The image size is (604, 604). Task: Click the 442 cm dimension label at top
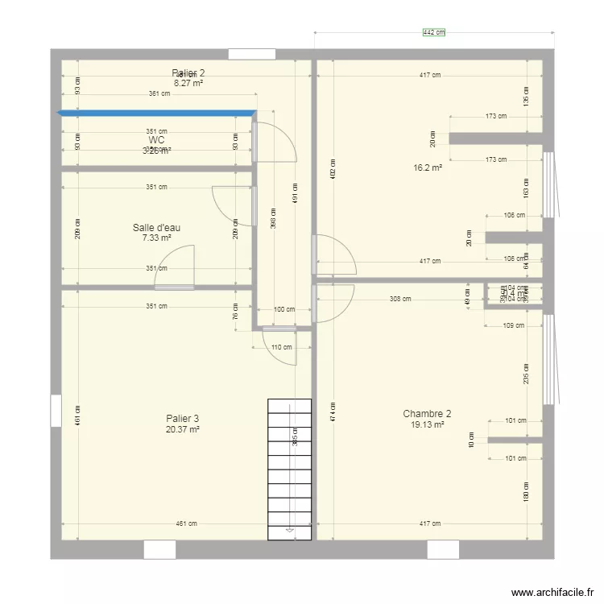pos(434,33)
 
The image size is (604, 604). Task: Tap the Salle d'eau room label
pos(156,228)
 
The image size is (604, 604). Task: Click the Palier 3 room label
pos(182,419)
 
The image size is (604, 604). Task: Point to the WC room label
pos(156,140)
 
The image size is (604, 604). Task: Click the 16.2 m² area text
pos(428,168)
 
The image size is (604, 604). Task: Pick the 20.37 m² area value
pos(182,429)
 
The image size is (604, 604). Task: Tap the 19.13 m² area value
pos(427,424)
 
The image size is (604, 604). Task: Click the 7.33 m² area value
pos(156,238)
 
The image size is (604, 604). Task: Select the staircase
pos(289,467)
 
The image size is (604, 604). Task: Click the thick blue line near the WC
pos(157,114)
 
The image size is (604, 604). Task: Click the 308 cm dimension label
pos(400,299)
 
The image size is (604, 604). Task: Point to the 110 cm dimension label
pos(280,347)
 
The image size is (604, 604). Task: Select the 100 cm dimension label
pos(284,309)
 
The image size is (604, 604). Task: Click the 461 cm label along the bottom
pos(188,523)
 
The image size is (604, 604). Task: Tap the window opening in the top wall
pos(252,54)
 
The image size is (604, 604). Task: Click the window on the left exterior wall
pos(55,410)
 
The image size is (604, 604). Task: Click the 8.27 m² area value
pos(188,82)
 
